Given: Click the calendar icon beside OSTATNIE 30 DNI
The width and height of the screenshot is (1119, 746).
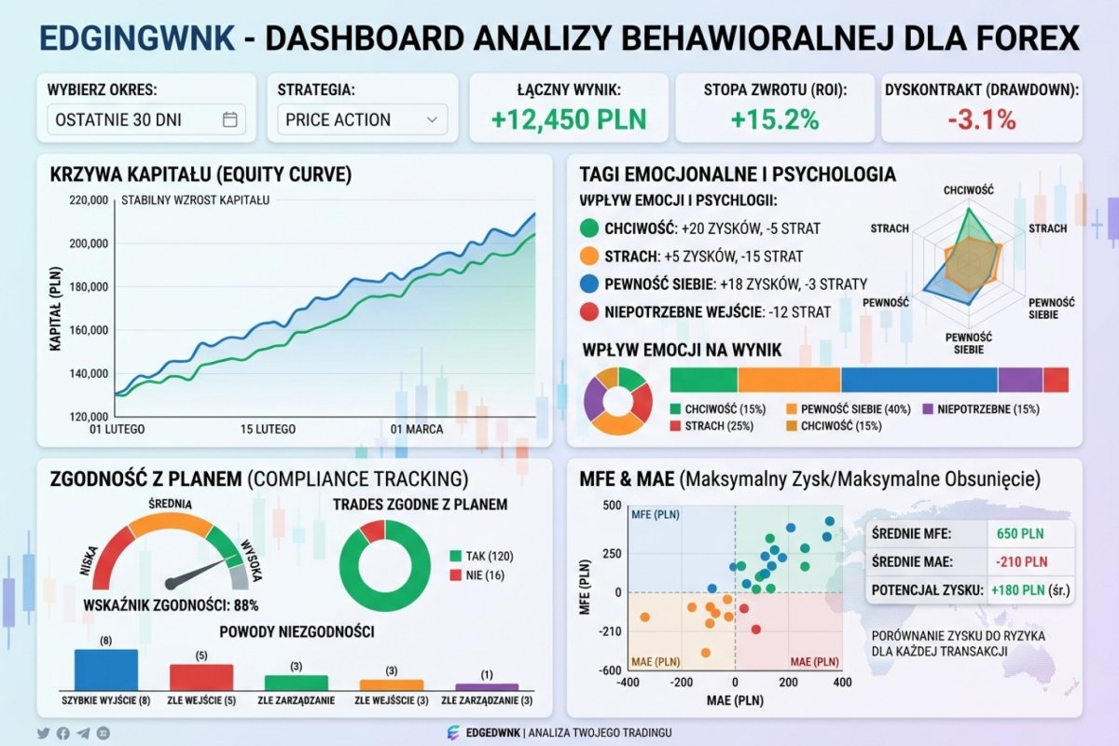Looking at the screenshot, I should (230, 119).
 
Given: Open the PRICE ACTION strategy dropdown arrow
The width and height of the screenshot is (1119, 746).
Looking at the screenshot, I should (431, 119).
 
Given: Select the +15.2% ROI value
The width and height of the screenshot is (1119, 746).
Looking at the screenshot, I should (774, 119).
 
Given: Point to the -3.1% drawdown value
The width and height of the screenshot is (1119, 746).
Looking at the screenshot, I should (981, 119).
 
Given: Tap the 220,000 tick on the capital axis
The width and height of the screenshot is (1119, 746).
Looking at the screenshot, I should (89, 200).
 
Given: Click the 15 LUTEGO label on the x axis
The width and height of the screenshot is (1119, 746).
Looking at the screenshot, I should (268, 430).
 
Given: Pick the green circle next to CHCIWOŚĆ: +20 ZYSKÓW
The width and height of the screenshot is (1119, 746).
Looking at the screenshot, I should (589, 228).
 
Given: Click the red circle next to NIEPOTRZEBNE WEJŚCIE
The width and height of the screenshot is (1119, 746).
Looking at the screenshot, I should (589, 312).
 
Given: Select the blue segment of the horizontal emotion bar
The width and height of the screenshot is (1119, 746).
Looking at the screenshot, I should (919, 380).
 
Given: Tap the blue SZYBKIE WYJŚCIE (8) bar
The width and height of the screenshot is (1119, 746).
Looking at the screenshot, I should (105, 670).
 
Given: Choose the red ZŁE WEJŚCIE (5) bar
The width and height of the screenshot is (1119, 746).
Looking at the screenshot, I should (201, 676).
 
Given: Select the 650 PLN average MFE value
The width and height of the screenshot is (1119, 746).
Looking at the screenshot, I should (1019, 534).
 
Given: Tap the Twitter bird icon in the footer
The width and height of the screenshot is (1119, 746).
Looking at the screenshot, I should (43, 733).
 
